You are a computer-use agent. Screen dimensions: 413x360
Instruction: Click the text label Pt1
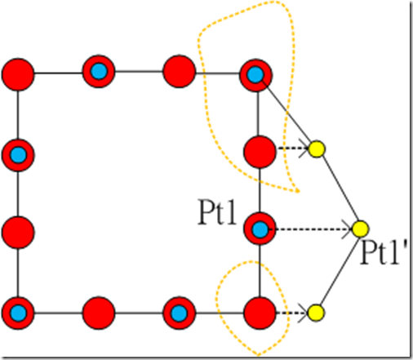coord(217,212)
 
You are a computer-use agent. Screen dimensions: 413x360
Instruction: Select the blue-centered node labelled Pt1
coord(260,229)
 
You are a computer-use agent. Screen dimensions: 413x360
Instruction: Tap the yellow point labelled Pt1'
coord(361,229)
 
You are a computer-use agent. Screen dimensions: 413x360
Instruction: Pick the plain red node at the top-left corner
coord(18,74)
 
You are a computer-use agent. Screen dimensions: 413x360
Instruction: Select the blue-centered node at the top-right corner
coord(255,75)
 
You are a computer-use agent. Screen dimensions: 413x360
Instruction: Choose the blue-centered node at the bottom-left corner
coord(18,313)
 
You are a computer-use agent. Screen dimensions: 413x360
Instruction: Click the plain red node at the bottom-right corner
coord(260,313)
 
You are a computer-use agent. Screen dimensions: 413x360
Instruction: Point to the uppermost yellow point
coord(317,149)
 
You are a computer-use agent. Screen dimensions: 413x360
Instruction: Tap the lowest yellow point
coord(316,313)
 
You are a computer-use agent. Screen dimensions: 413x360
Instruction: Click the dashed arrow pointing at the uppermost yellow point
coord(293,149)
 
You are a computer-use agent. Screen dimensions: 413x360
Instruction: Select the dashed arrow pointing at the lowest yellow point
coord(292,313)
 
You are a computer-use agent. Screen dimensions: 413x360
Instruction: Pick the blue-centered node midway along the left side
coord(18,155)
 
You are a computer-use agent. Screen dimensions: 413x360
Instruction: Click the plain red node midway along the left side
coord(18,233)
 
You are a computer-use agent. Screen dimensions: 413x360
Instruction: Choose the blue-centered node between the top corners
coord(99,71)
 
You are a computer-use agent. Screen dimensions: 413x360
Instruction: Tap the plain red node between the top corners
coord(179,71)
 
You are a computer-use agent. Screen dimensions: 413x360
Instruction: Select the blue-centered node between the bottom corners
coord(179,313)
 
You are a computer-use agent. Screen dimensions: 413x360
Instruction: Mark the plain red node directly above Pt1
coord(260,152)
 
